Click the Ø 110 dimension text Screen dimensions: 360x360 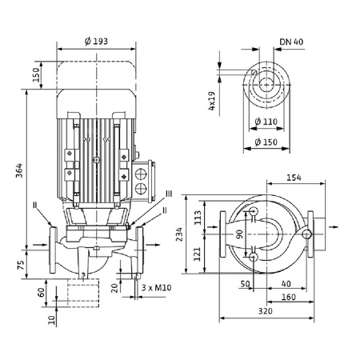[266, 121]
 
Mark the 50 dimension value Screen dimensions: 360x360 [245, 284]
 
